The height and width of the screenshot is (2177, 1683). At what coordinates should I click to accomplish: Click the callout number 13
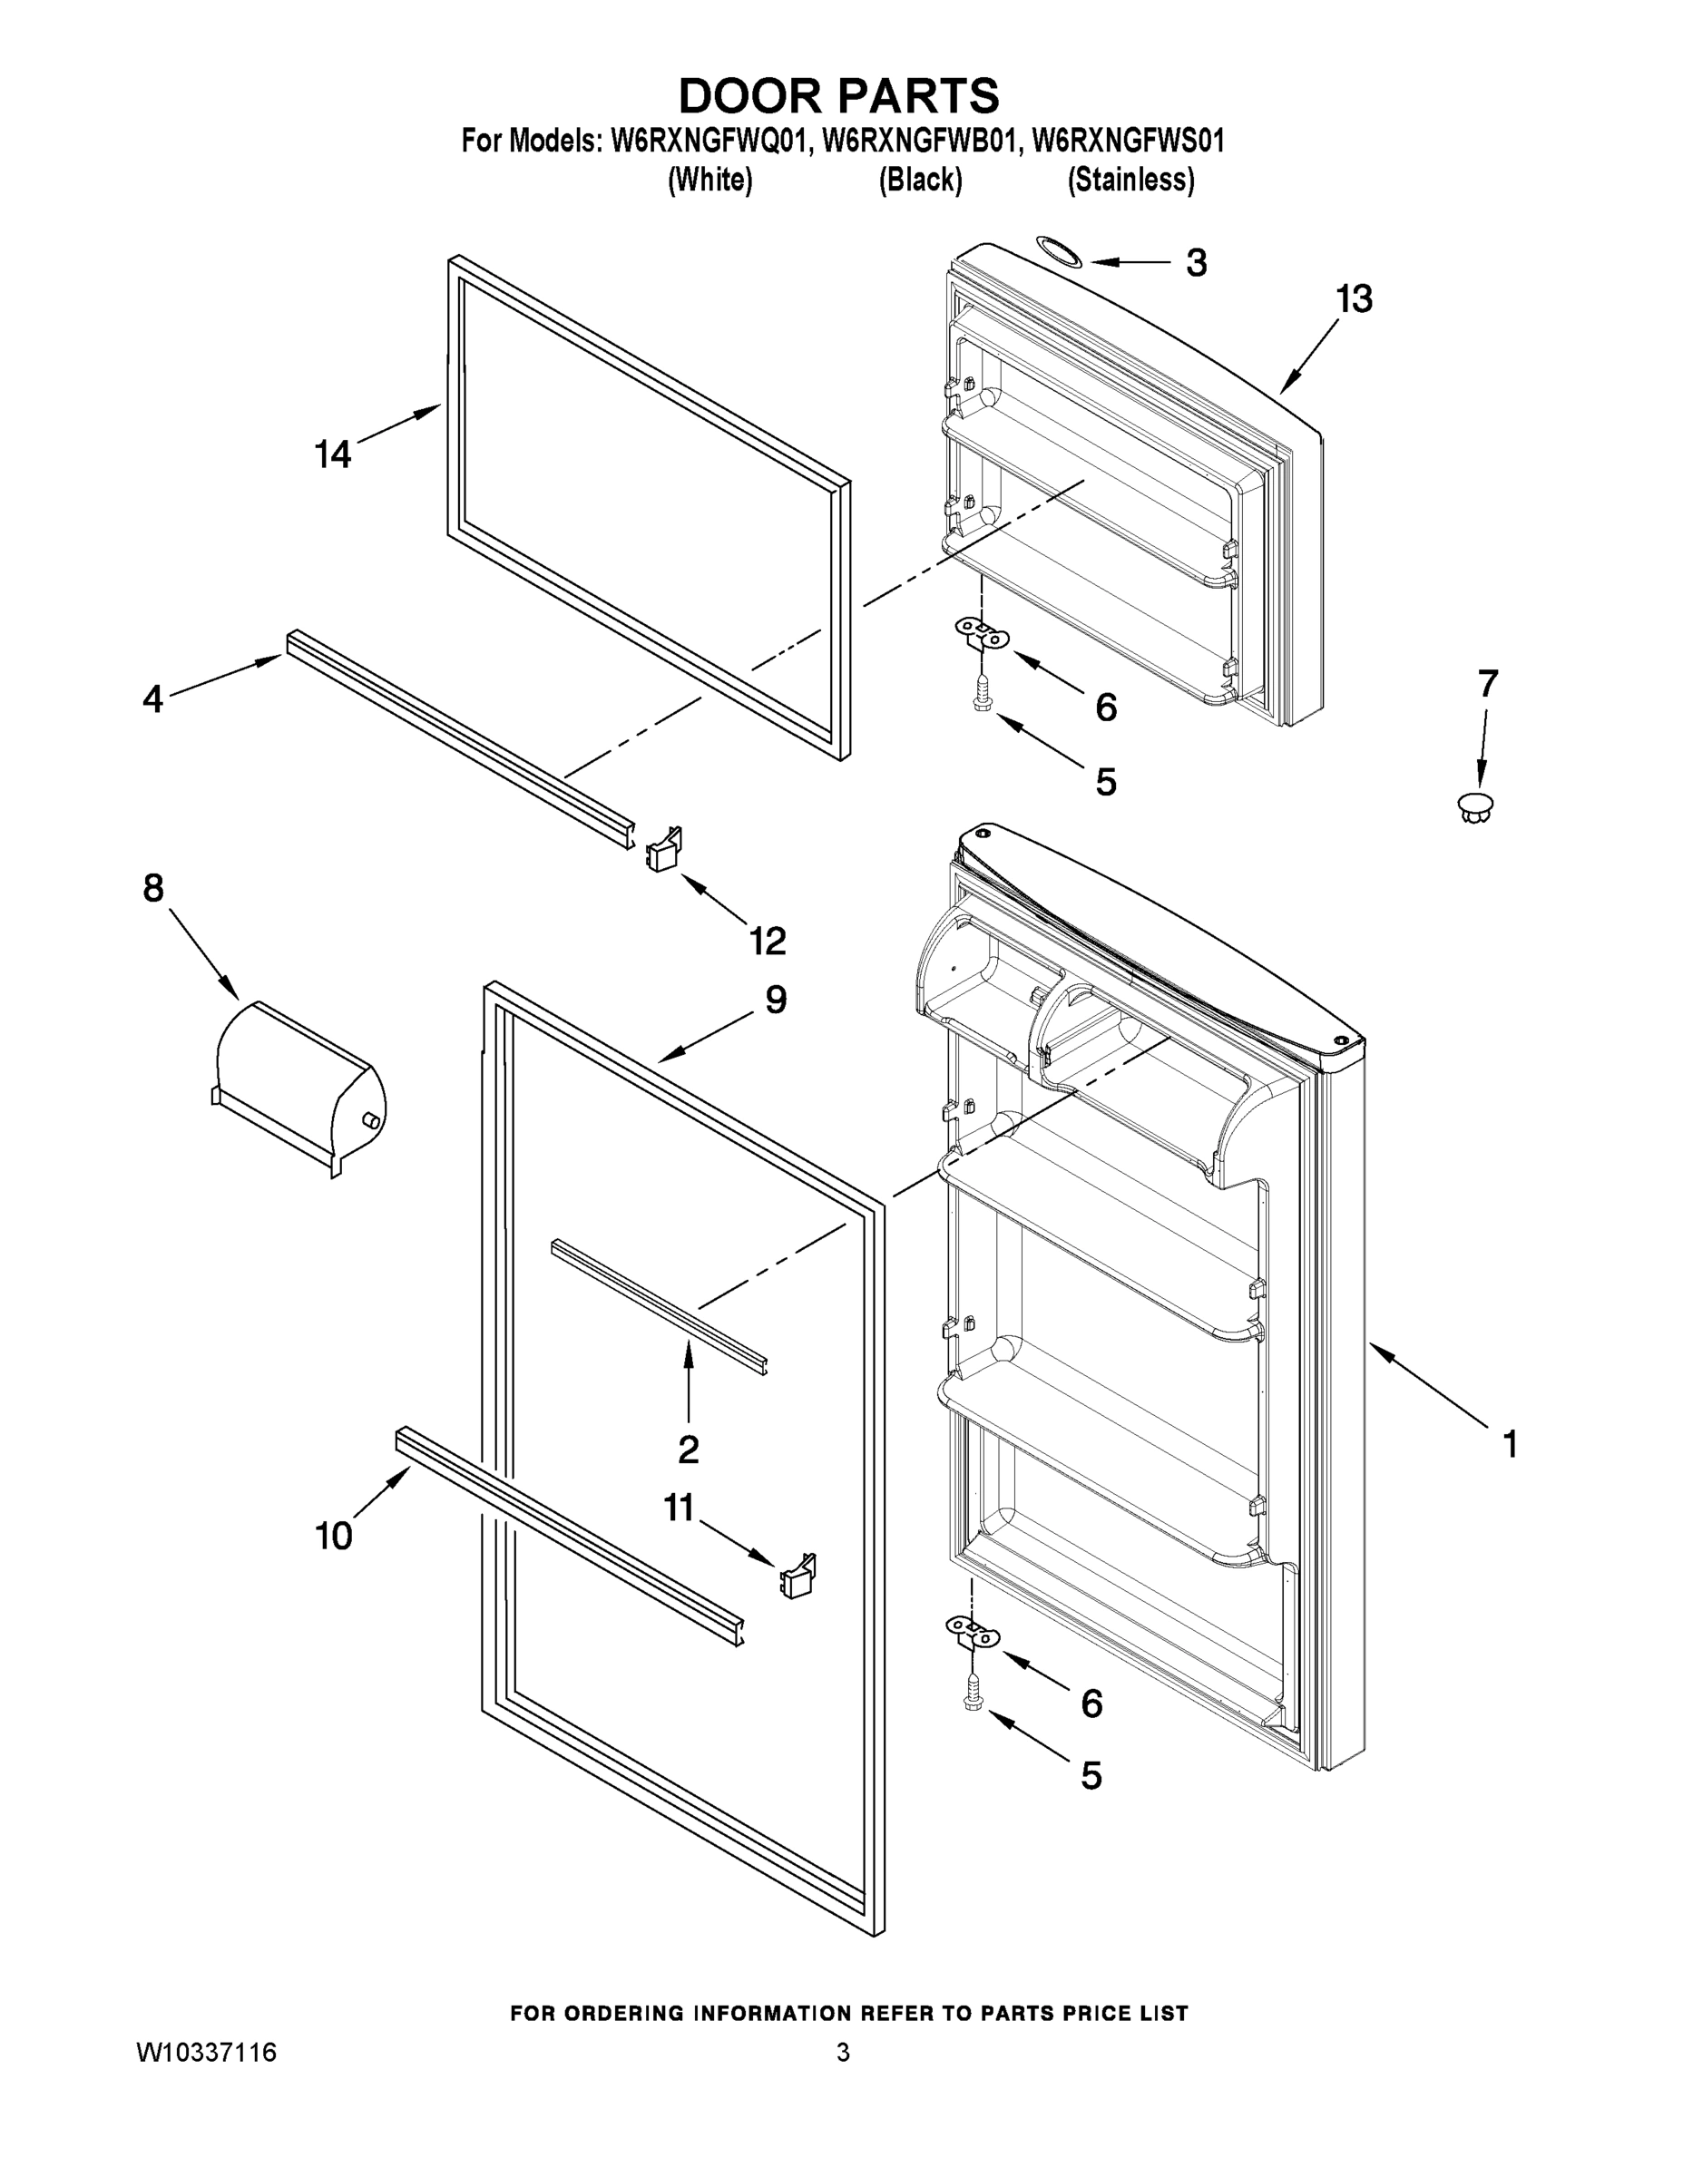click(x=1354, y=298)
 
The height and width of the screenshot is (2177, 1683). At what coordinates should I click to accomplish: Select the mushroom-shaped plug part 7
click(x=1474, y=805)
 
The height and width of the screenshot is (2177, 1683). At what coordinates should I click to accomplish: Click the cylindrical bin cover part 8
click(x=299, y=1088)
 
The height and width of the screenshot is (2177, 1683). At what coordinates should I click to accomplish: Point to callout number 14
click(x=333, y=454)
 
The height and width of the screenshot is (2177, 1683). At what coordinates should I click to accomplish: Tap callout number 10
click(x=334, y=1536)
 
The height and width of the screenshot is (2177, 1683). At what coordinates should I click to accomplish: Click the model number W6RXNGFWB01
click(x=921, y=142)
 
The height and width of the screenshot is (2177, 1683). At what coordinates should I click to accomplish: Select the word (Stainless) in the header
click(x=1130, y=181)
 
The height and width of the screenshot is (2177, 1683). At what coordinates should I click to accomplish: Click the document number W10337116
click(x=206, y=2054)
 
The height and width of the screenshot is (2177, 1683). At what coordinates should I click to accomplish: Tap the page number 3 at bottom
click(x=843, y=2054)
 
